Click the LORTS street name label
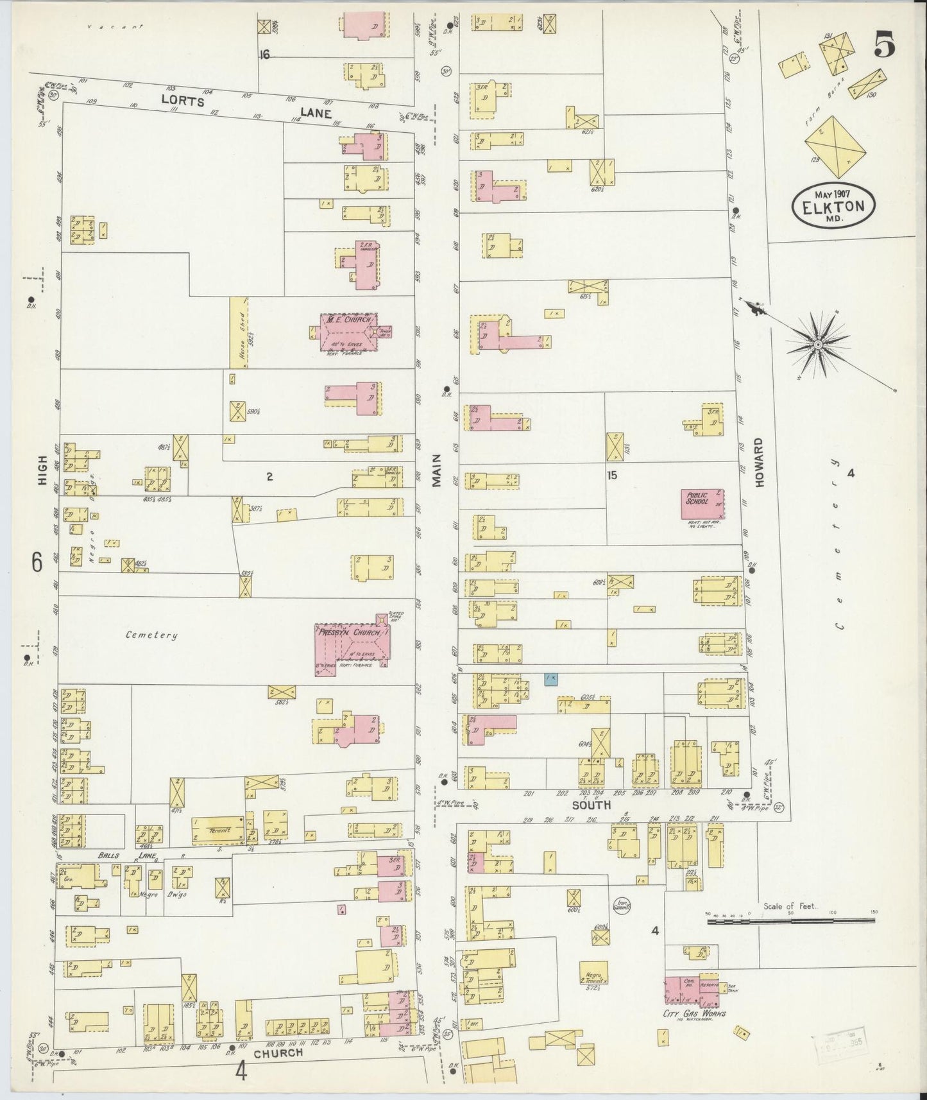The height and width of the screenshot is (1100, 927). [183, 101]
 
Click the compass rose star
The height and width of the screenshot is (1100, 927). [818, 345]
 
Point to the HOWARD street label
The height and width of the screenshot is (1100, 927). [760, 463]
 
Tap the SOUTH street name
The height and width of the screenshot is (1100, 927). [591, 805]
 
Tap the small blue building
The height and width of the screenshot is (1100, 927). [550, 678]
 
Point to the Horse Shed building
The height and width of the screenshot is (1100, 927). [239, 332]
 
